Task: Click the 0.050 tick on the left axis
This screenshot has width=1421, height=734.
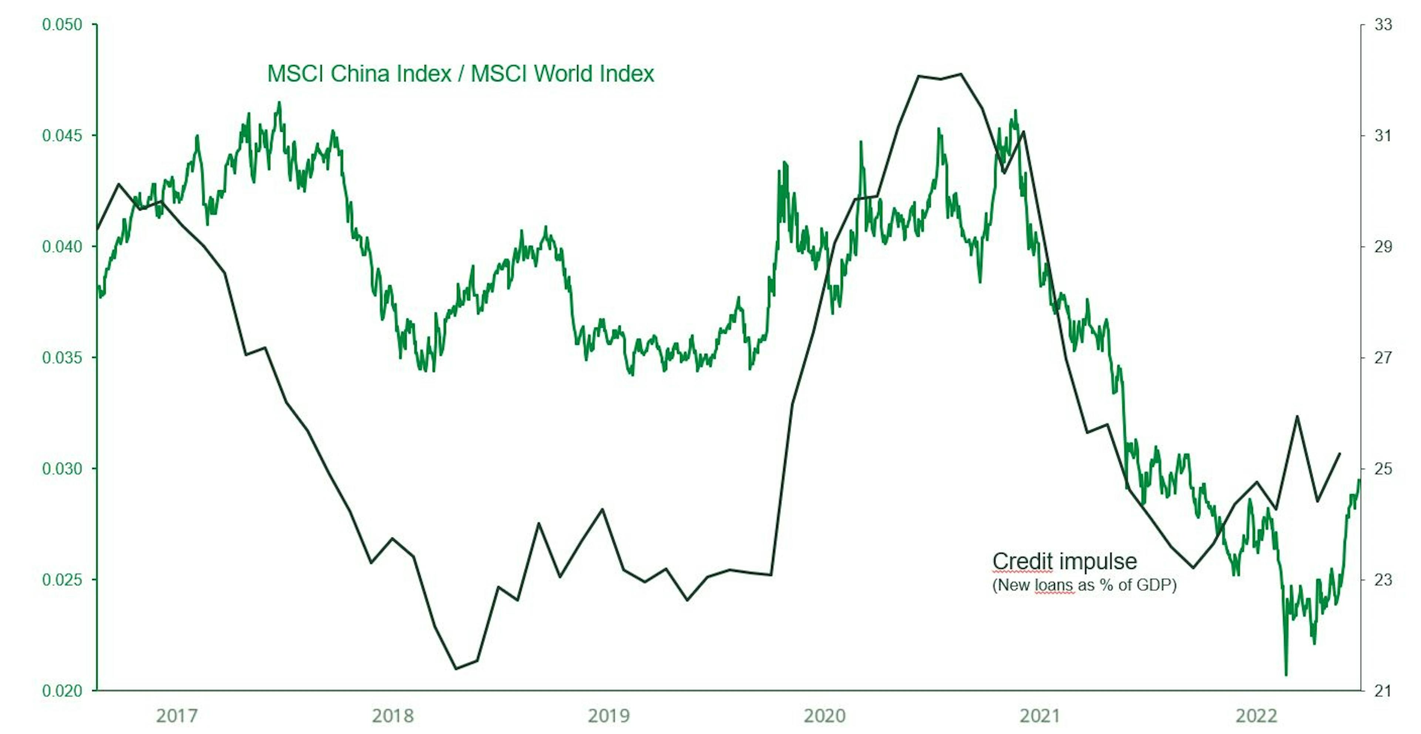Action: tap(62, 25)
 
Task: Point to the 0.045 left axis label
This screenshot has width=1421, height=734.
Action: tap(62, 136)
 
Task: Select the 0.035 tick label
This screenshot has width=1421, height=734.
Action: tap(62, 358)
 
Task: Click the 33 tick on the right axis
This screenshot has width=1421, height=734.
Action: tap(1383, 25)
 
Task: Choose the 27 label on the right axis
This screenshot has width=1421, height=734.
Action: tap(1383, 358)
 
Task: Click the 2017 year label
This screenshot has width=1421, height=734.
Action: tap(177, 716)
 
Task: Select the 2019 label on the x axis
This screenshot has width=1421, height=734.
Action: tap(608, 716)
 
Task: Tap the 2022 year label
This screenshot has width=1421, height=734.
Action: tap(1256, 716)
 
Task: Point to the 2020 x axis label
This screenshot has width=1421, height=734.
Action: tap(824, 716)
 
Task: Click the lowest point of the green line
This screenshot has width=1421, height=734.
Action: tap(1286, 674)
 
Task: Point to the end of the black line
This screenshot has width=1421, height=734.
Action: tap(1340, 453)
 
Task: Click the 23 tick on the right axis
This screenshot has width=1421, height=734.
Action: tap(1383, 580)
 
